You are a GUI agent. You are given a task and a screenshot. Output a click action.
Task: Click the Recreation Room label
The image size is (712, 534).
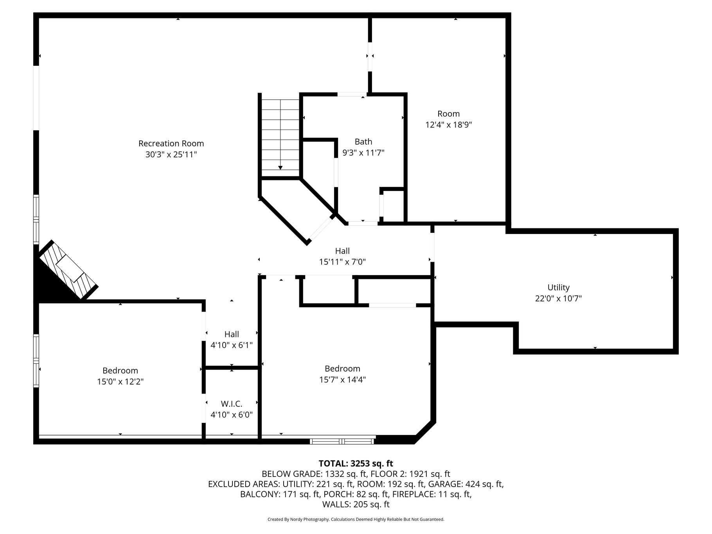(171, 144)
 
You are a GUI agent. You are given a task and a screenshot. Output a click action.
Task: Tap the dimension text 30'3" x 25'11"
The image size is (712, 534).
(171, 155)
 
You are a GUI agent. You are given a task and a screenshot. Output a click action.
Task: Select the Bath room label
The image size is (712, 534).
(363, 142)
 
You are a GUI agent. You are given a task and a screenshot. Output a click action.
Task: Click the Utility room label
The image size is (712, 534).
(558, 288)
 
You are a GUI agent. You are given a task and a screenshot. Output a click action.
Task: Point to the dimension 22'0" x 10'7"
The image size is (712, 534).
(558, 298)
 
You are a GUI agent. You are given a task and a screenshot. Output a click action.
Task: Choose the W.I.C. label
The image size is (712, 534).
(232, 404)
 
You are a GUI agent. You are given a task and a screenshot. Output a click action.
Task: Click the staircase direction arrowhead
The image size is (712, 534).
(280, 168)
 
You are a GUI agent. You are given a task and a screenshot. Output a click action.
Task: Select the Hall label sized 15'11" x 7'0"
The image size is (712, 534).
(342, 251)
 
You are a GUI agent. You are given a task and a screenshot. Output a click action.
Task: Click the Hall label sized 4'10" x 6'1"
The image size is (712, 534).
(232, 334)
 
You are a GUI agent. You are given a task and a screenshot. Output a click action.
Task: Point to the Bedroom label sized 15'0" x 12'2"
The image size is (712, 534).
(120, 370)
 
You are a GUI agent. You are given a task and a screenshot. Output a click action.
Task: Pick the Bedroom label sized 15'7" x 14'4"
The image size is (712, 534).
(342, 369)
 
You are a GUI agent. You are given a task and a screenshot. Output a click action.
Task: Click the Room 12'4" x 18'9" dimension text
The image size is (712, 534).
(449, 125)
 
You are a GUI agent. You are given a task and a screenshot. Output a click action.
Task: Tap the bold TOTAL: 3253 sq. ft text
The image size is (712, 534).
(356, 464)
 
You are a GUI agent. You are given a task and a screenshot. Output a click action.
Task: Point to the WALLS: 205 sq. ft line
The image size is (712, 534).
(356, 505)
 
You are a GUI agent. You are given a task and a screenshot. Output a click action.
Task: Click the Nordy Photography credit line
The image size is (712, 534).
(356, 520)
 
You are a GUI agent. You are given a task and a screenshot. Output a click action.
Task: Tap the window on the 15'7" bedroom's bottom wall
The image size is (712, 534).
(342, 442)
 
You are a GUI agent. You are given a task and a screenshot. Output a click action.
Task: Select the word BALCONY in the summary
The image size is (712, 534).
(258, 494)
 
